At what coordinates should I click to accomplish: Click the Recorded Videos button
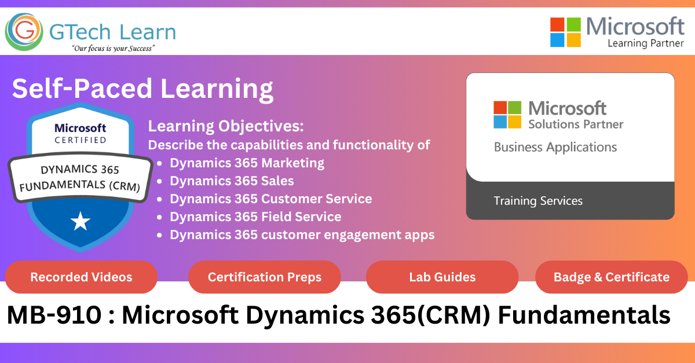coord(81,277)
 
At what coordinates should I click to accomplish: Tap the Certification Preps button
coord(264,277)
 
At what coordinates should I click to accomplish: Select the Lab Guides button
coord(442,277)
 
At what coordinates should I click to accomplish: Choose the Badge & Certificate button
coord(612,277)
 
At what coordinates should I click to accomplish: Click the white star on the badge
coord(81,222)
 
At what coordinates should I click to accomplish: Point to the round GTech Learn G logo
coord(24,32)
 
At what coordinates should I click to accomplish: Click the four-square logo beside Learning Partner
coord(565,32)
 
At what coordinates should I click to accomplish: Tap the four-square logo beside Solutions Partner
coord(507,115)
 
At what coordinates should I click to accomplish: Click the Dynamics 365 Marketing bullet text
coord(247,163)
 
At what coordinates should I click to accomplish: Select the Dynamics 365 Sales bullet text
coord(232,181)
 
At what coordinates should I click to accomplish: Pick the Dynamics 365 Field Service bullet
coord(255,217)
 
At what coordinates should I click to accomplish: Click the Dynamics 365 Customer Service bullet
coord(271,199)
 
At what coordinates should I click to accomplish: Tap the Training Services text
coord(538,201)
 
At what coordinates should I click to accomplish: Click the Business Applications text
coord(555,147)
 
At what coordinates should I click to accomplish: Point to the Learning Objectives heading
coord(226,126)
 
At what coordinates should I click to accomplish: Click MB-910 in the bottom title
coord(54,315)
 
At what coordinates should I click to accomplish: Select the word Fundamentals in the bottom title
coord(584,315)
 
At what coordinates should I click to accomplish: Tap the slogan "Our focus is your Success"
coord(114,49)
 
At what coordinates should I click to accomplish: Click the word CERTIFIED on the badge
coord(81,140)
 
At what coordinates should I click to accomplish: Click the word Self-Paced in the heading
coord(82,89)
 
